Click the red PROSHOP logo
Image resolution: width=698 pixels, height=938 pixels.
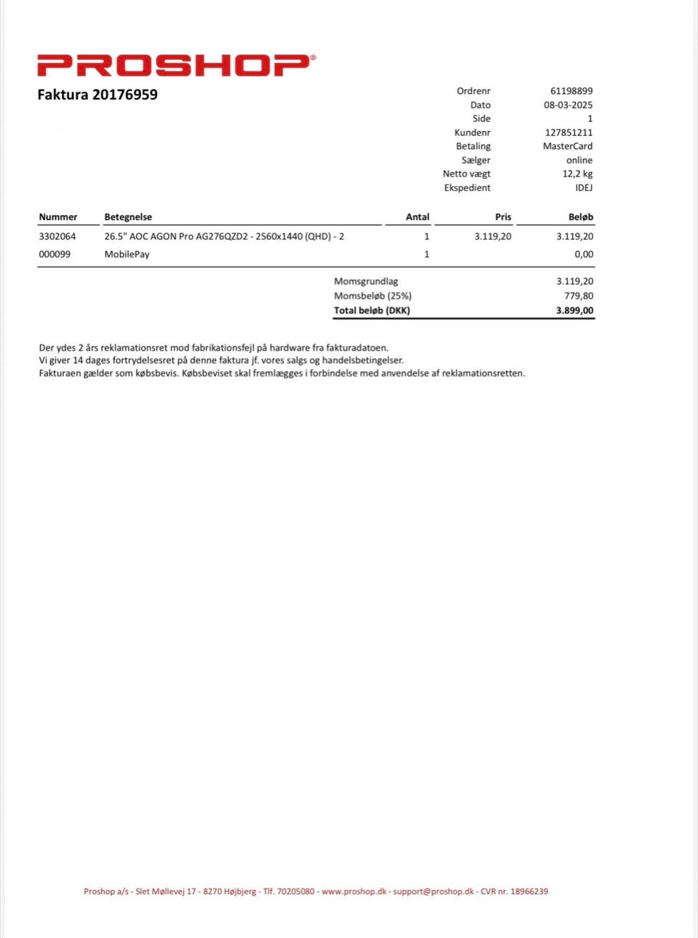pos(176,65)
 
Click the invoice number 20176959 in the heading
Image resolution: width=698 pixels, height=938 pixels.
pos(124,94)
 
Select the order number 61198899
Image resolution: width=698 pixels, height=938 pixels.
pos(571,91)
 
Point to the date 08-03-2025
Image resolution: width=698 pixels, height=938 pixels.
pos(568,105)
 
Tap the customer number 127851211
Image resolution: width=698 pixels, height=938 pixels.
pos(569,132)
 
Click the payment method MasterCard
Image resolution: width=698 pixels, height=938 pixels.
pos(567,146)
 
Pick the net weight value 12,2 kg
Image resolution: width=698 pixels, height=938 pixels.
pos(577,174)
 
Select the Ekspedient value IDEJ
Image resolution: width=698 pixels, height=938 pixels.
pos(584,187)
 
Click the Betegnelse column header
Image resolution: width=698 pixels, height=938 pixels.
pos(128,217)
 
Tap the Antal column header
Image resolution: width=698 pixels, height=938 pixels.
pos(417,217)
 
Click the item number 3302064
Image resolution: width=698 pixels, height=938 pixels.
pos(57,236)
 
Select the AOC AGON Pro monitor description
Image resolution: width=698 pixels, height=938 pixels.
pos(224,236)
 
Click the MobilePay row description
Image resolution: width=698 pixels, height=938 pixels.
pos(127,254)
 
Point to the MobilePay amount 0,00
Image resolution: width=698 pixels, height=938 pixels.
pos(583,254)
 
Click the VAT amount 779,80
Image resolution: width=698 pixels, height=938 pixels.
pos(578,296)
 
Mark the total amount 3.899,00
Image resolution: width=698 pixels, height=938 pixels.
pos(574,310)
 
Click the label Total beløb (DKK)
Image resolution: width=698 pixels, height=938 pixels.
pos(372,310)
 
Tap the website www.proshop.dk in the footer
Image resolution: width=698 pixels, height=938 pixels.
pos(354,891)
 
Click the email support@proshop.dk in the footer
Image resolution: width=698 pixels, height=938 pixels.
pos(433,891)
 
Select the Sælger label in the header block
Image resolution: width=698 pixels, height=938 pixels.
pos(476,160)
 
